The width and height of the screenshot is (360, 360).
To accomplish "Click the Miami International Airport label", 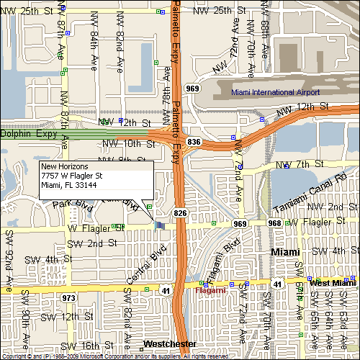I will pos(274,92).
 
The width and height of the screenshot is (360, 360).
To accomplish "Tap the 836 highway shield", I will pos(193,143).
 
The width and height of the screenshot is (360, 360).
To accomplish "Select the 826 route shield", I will pos(179,213).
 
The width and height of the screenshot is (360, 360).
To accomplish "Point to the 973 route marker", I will pos(69,297).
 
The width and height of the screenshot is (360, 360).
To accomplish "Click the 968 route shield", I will pos(274,223).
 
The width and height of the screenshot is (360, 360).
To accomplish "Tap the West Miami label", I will pos(333,284).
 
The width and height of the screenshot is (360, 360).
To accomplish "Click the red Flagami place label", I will pos(211,290).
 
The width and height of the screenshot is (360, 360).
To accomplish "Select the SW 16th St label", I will pos(95,346).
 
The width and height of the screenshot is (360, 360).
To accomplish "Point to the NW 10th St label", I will pos(129,144).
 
